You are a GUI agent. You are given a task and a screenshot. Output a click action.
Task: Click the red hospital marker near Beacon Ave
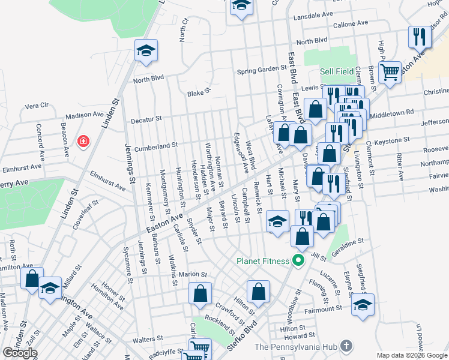[84, 142]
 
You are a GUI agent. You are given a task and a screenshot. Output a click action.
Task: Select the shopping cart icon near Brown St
[390, 72]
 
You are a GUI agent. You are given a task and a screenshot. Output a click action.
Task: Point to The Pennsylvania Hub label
[297, 346]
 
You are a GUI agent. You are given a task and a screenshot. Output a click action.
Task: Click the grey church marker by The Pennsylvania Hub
[346, 346]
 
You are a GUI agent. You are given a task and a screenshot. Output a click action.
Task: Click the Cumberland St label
[156, 145]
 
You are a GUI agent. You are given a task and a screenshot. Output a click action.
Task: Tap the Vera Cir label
[36, 106]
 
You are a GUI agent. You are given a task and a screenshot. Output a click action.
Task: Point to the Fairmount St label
[322, 309]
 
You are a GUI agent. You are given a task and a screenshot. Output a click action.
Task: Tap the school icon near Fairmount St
[363, 304]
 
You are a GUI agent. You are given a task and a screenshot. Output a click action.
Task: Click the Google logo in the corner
[20, 353]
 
